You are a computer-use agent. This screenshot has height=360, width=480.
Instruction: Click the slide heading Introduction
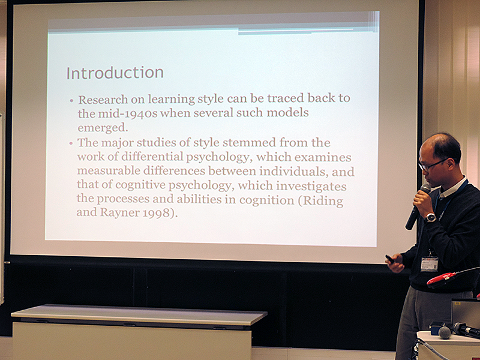(x=115, y=73)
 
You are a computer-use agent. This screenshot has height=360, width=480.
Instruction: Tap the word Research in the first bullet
(x=103, y=100)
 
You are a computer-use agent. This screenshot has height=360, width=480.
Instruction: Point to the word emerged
(x=103, y=128)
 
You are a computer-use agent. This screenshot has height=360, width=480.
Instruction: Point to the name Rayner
(x=119, y=213)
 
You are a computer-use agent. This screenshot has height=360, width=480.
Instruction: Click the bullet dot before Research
(x=71, y=100)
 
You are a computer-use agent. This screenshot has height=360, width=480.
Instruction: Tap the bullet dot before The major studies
(x=71, y=143)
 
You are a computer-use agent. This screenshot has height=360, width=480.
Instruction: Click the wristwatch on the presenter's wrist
(x=431, y=217)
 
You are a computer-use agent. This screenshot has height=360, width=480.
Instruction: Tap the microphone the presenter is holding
(x=417, y=206)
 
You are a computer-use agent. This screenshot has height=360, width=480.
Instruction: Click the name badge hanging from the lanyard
(x=430, y=263)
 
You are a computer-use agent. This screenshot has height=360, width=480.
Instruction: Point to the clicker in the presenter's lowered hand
(x=389, y=259)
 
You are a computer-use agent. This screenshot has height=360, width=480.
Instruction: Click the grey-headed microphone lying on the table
(x=445, y=332)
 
